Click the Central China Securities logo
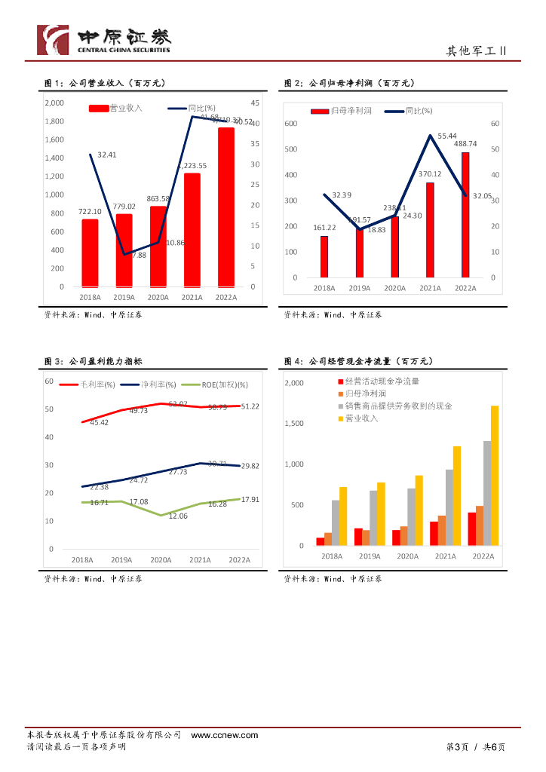coord(105,40)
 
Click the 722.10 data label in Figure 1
coord(90,213)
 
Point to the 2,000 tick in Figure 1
coord(54,103)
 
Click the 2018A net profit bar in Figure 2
coord(324,256)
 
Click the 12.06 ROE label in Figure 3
coord(178,516)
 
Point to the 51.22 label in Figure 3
coord(250,406)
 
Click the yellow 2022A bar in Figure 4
coord(495,475)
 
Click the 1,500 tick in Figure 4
coord(293,424)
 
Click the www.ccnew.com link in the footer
coord(225,734)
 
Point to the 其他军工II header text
coord(477,51)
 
